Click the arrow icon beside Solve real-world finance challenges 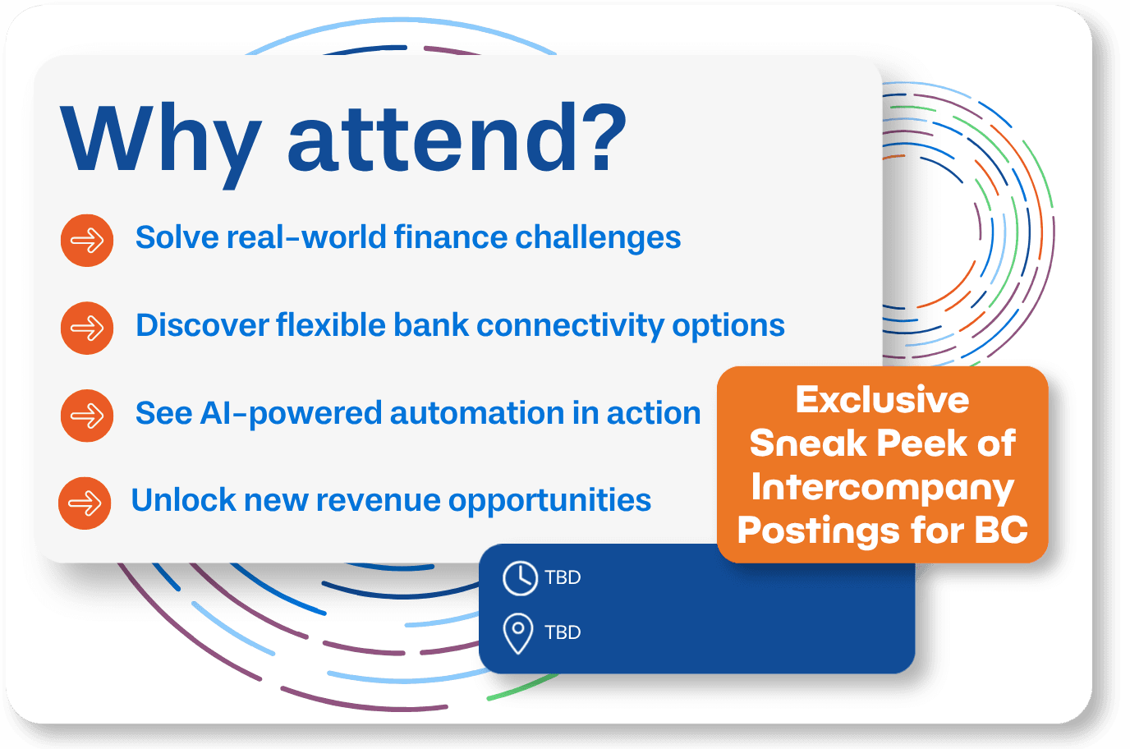click(87, 240)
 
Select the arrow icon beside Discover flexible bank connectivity click(87, 328)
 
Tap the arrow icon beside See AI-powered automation click(87, 416)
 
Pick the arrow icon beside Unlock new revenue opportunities click(85, 503)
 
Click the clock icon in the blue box click(520, 578)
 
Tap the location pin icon click(517, 633)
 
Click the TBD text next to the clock click(563, 577)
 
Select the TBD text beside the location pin click(563, 632)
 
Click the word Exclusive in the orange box click(882, 399)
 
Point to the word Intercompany click(882, 488)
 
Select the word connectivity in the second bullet click(570, 325)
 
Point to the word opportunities click(549, 502)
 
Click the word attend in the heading click(431, 140)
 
